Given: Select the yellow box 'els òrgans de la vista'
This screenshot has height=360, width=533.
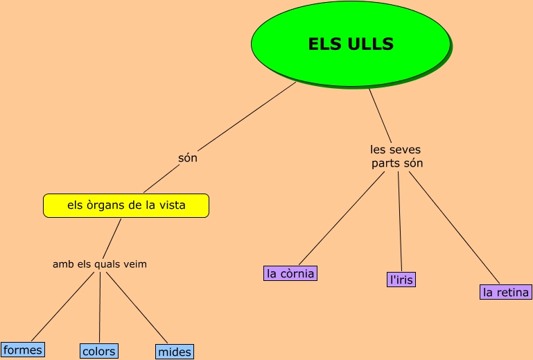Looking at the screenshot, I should pyautogui.click(x=125, y=205).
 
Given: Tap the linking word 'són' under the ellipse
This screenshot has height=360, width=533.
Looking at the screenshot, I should pyautogui.click(x=188, y=158).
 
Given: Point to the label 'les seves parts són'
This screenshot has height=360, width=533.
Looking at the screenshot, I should pyautogui.click(x=396, y=157).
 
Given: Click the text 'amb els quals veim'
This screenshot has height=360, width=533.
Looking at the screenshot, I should pyautogui.click(x=100, y=264).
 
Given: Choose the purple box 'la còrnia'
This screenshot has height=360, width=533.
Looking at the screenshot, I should pyautogui.click(x=290, y=273).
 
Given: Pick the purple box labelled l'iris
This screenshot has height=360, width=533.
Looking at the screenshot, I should pyautogui.click(x=401, y=280).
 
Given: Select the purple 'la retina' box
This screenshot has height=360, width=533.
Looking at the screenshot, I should pyautogui.click(x=506, y=292).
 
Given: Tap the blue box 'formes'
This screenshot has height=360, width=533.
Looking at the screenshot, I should pyautogui.click(x=22, y=350).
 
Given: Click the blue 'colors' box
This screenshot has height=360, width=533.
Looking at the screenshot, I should pyautogui.click(x=98, y=351).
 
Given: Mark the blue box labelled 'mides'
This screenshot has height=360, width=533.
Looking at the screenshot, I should pyautogui.click(x=174, y=352).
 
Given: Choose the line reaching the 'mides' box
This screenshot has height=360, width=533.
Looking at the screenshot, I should pyautogui.click(x=137, y=307).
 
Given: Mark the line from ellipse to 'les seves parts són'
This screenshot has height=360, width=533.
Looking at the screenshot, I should pyautogui.click(x=380, y=114).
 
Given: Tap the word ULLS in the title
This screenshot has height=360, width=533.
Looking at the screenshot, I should pyautogui.click(x=369, y=44).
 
